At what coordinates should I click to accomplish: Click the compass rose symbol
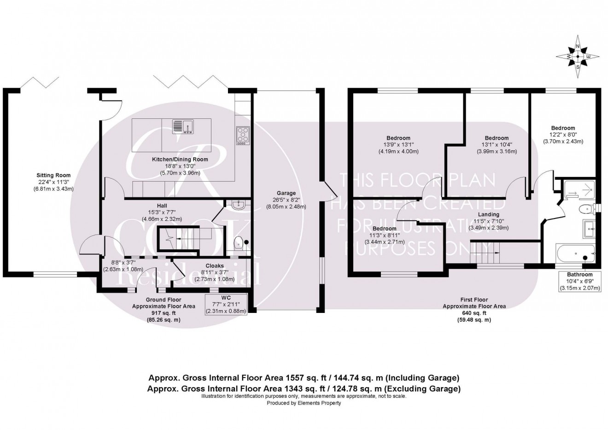(x=578, y=57)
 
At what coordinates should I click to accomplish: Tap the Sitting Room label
(x=53, y=175)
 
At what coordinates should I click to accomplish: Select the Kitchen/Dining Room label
(x=180, y=159)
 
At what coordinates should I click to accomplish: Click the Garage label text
(x=286, y=193)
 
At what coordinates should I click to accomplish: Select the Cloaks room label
(x=215, y=265)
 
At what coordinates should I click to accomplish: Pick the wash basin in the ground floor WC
(x=239, y=206)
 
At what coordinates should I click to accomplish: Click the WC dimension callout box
(x=226, y=304)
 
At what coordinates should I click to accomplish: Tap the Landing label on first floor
(x=488, y=214)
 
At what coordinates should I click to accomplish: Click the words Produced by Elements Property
(x=304, y=403)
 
